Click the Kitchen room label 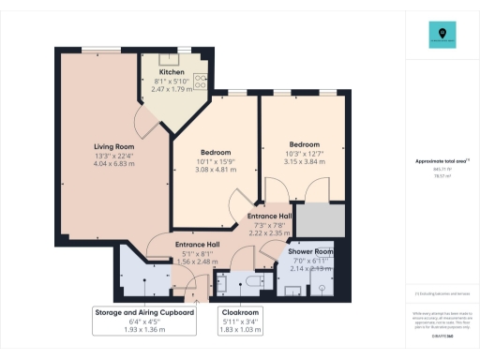pyautogui.click(x=171, y=71)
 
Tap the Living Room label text pyautogui.click(x=113, y=147)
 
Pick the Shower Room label pyautogui.click(x=311, y=252)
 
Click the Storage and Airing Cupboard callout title pyautogui.click(x=143, y=311)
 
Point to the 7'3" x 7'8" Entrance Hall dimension pyautogui.click(x=270, y=224)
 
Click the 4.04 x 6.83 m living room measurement pyautogui.click(x=113, y=164)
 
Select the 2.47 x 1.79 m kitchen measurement pyautogui.click(x=171, y=88)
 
